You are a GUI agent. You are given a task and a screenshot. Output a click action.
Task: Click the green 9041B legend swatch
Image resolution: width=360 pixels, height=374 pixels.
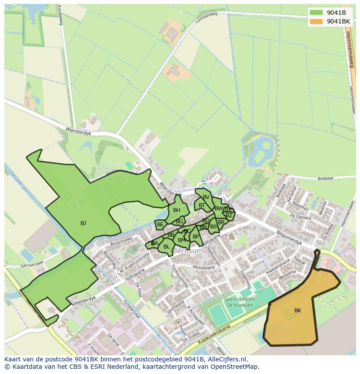tap(316, 12)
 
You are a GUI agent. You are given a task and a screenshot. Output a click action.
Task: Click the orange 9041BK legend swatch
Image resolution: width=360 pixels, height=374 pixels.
tap(316, 21)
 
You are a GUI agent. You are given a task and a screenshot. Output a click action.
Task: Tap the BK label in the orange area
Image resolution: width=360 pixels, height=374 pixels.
tap(298, 311)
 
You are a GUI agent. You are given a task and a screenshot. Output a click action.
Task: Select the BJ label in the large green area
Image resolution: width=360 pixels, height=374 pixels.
tap(83, 223)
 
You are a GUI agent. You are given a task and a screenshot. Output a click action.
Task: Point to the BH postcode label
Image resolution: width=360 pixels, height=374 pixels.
tap(177, 210)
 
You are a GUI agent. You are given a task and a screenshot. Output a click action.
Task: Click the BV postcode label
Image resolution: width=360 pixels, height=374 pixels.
tap(206, 197)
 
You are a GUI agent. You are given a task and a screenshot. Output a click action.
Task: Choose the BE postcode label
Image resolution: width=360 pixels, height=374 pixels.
tap(160, 225)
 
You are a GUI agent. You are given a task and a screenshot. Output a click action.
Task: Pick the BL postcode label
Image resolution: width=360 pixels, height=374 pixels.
tap(167, 247)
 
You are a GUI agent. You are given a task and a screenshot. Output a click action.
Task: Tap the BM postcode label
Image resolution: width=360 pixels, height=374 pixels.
tap(181, 240)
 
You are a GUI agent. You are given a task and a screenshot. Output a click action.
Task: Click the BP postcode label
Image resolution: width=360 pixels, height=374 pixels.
tap(196, 237)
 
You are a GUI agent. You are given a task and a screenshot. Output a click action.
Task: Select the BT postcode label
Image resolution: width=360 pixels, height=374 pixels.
tap(202, 205)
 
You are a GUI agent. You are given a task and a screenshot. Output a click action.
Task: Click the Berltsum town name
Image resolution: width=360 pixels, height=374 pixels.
tap(188, 251)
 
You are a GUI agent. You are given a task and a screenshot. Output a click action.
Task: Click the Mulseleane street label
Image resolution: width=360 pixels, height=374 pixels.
tap(204, 268)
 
